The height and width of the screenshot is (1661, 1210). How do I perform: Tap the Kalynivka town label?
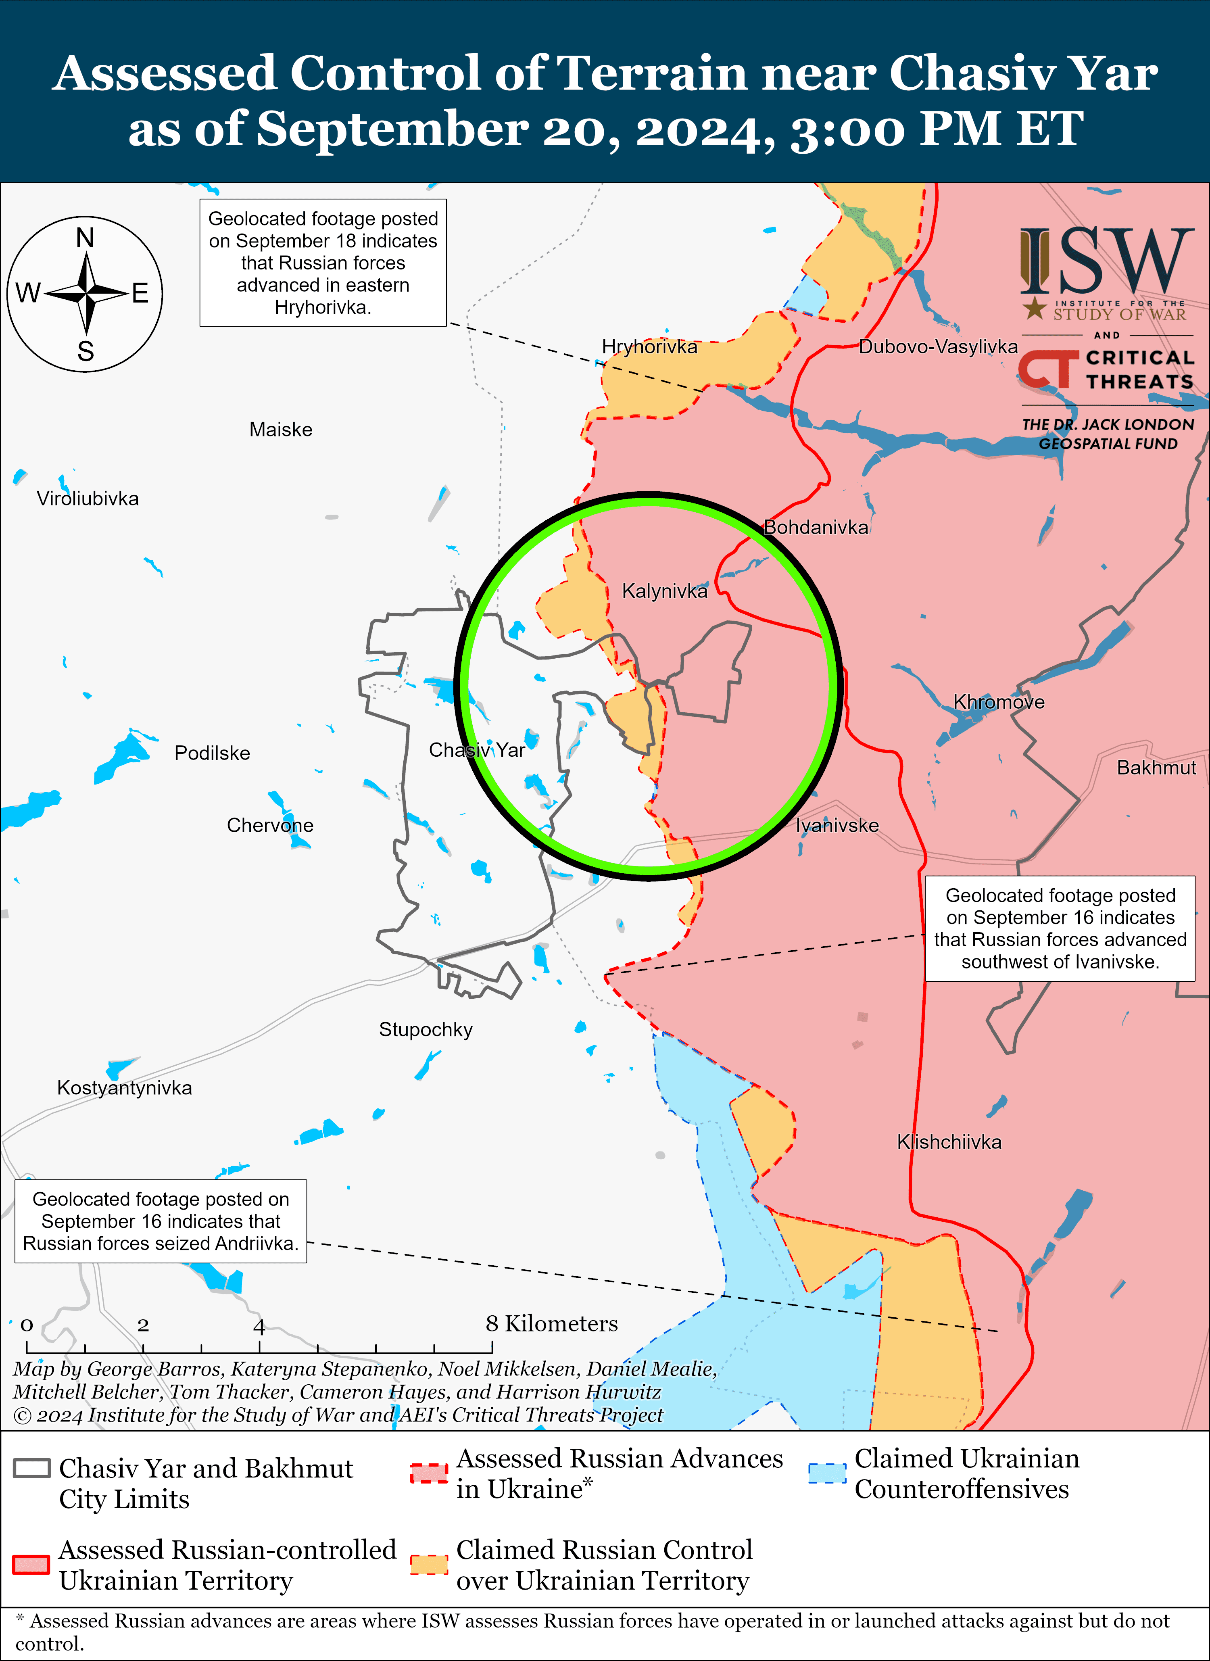[x=664, y=591]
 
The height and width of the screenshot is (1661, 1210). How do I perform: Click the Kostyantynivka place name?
[x=125, y=1087]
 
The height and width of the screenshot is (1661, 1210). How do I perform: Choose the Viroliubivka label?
[x=87, y=499]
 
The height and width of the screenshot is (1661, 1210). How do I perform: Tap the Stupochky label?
[x=426, y=1030]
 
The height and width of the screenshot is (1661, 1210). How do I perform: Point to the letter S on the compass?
[x=86, y=352]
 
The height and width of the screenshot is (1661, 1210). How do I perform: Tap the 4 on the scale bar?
[x=259, y=1325]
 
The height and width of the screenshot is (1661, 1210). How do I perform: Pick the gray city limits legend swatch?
[x=31, y=1468]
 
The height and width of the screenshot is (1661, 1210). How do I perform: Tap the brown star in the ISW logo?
[x=1034, y=308]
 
